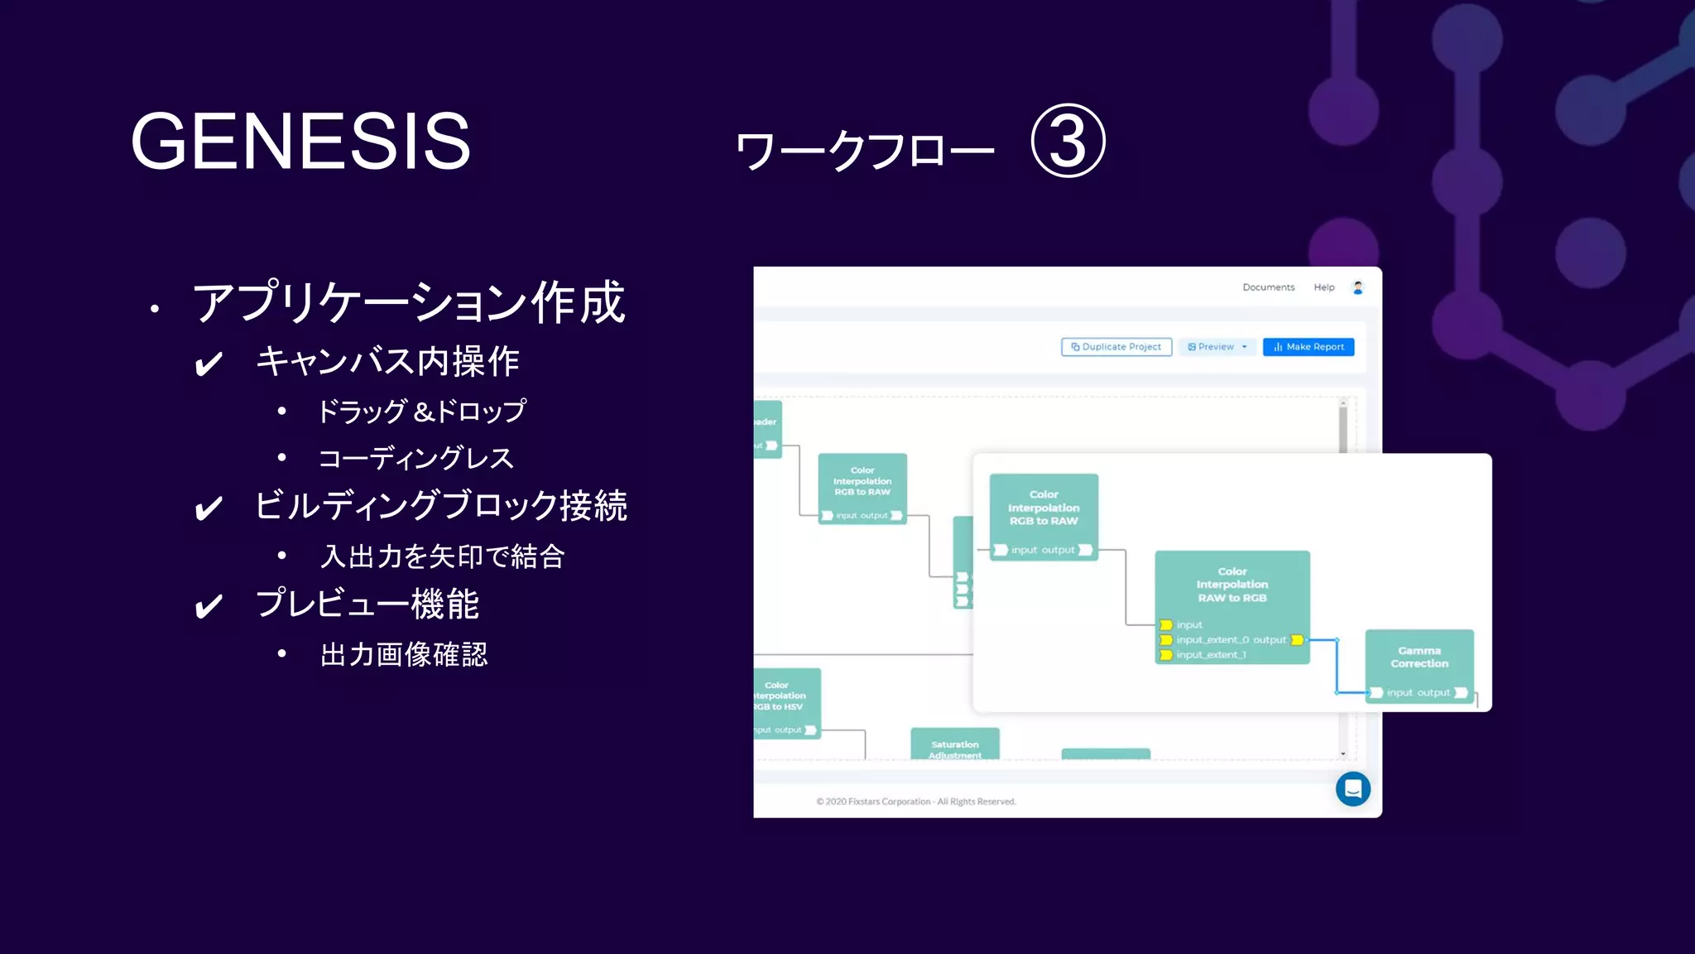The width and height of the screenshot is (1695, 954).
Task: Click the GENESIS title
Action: click(x=300, y=142)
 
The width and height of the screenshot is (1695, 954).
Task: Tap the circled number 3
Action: click(x=1068, y=141)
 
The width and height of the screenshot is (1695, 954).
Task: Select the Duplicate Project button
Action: click(x=1116, y=347)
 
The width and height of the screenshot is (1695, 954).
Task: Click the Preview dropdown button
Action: click(x=1217, y=347)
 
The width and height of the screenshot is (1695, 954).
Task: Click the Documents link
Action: click(x=1268, y=287)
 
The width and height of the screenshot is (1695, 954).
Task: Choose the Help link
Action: click(x=1324, y=287)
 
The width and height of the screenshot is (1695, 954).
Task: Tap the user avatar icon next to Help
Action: click(x=1358, y=287)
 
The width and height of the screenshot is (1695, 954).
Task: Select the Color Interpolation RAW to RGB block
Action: click(x=1232, y=585)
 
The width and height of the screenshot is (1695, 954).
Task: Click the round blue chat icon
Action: click(x=1352, y=788)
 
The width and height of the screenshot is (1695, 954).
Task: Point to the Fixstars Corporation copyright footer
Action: click(x=915, y=802)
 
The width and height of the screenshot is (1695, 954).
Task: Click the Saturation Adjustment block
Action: click(x=954, y=745)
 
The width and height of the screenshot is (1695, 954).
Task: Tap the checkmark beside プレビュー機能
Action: click(x=209, y=606)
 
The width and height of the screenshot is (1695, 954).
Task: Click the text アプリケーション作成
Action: click(x=409, y=302)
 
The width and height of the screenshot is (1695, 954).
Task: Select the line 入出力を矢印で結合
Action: click(x=442, y=556)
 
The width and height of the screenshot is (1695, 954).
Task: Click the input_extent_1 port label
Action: click(x=1211, y=655)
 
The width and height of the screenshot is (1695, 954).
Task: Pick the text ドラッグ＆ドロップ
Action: click(x=421, y=411)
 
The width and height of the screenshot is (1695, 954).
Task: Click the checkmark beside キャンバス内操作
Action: click(x=209, y=364)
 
